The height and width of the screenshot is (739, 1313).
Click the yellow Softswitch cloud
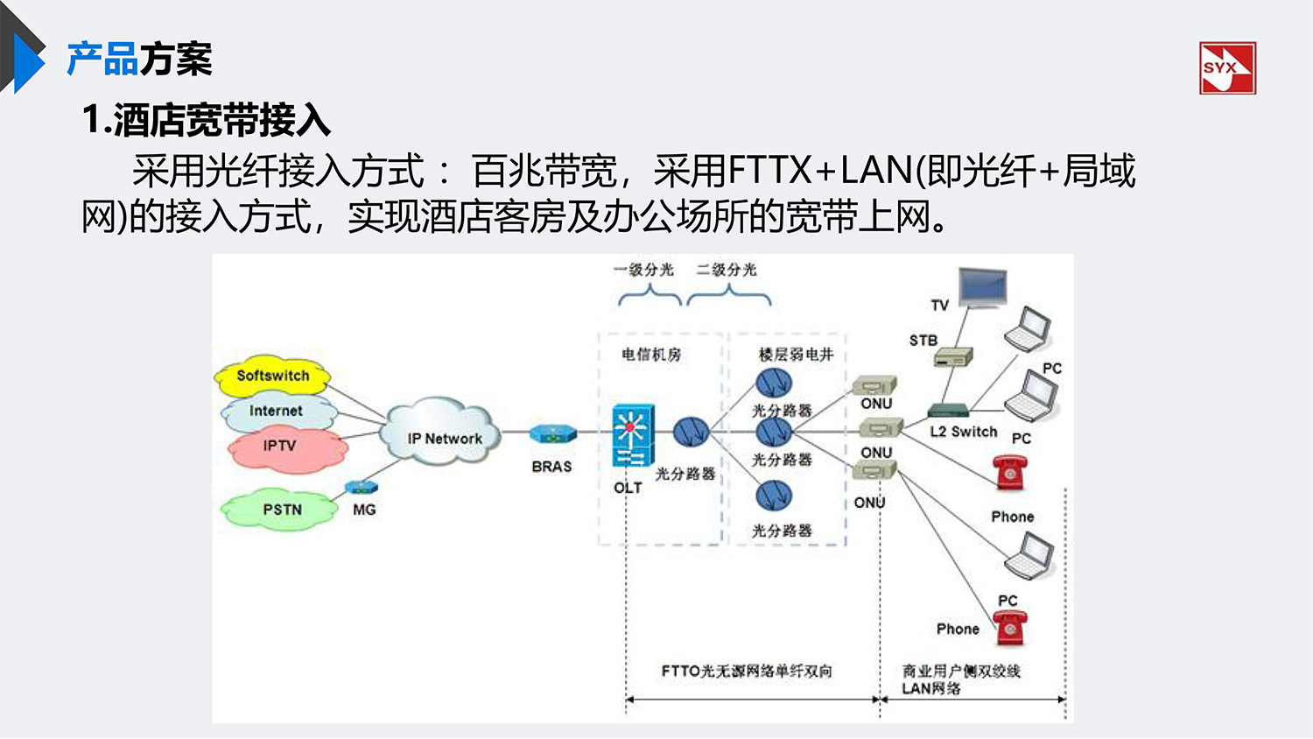pos(272,376)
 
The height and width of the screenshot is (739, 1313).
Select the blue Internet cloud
pos(277,411)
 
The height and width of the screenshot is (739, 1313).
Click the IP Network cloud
pos(442,433)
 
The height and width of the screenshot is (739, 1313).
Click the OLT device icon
pos(632,436)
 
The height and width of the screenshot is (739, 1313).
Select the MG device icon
pos(362,488)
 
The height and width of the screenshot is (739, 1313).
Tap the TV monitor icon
pos(982,288)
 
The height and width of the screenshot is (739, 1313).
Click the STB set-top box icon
pos(952,357)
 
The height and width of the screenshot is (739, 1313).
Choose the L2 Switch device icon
pos(949,411)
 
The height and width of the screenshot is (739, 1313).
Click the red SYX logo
pos(1227,68)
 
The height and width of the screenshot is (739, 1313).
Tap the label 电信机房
pos(651,355)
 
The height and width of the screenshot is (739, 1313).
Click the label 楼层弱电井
pos(796,355)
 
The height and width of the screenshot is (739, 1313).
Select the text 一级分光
pos(644,270)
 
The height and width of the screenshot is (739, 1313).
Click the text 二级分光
pos(727,270)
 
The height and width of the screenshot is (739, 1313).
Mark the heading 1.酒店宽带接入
pos(207,120)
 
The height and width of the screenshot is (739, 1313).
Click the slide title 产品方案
pos(139,60)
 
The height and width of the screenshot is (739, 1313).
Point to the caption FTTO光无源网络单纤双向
pos(747,672)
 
